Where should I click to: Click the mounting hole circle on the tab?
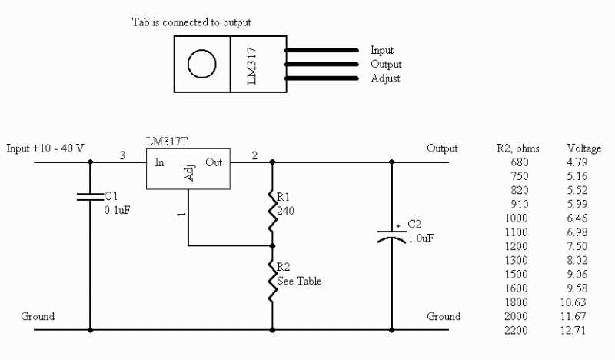pyautogui.click(x=202, y=64)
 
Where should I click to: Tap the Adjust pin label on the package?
pyautogui.click(x=385, y=78)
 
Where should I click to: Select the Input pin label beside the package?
pyautogui.click(x=382, y=50)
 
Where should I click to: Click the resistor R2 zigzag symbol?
pyautogui.click(x=271, y=281)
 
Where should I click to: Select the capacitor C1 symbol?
pyautogui.click(x=91, y=197)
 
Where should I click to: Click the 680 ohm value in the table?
pyautogui.click(x=520, y=162)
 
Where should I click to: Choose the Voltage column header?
pyautogui.click(x=583, y=148)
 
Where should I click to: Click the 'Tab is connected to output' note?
pyautogui.click(x=191, y=22)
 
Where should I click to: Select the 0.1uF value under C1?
pyautogui.click(x=118, y=209)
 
